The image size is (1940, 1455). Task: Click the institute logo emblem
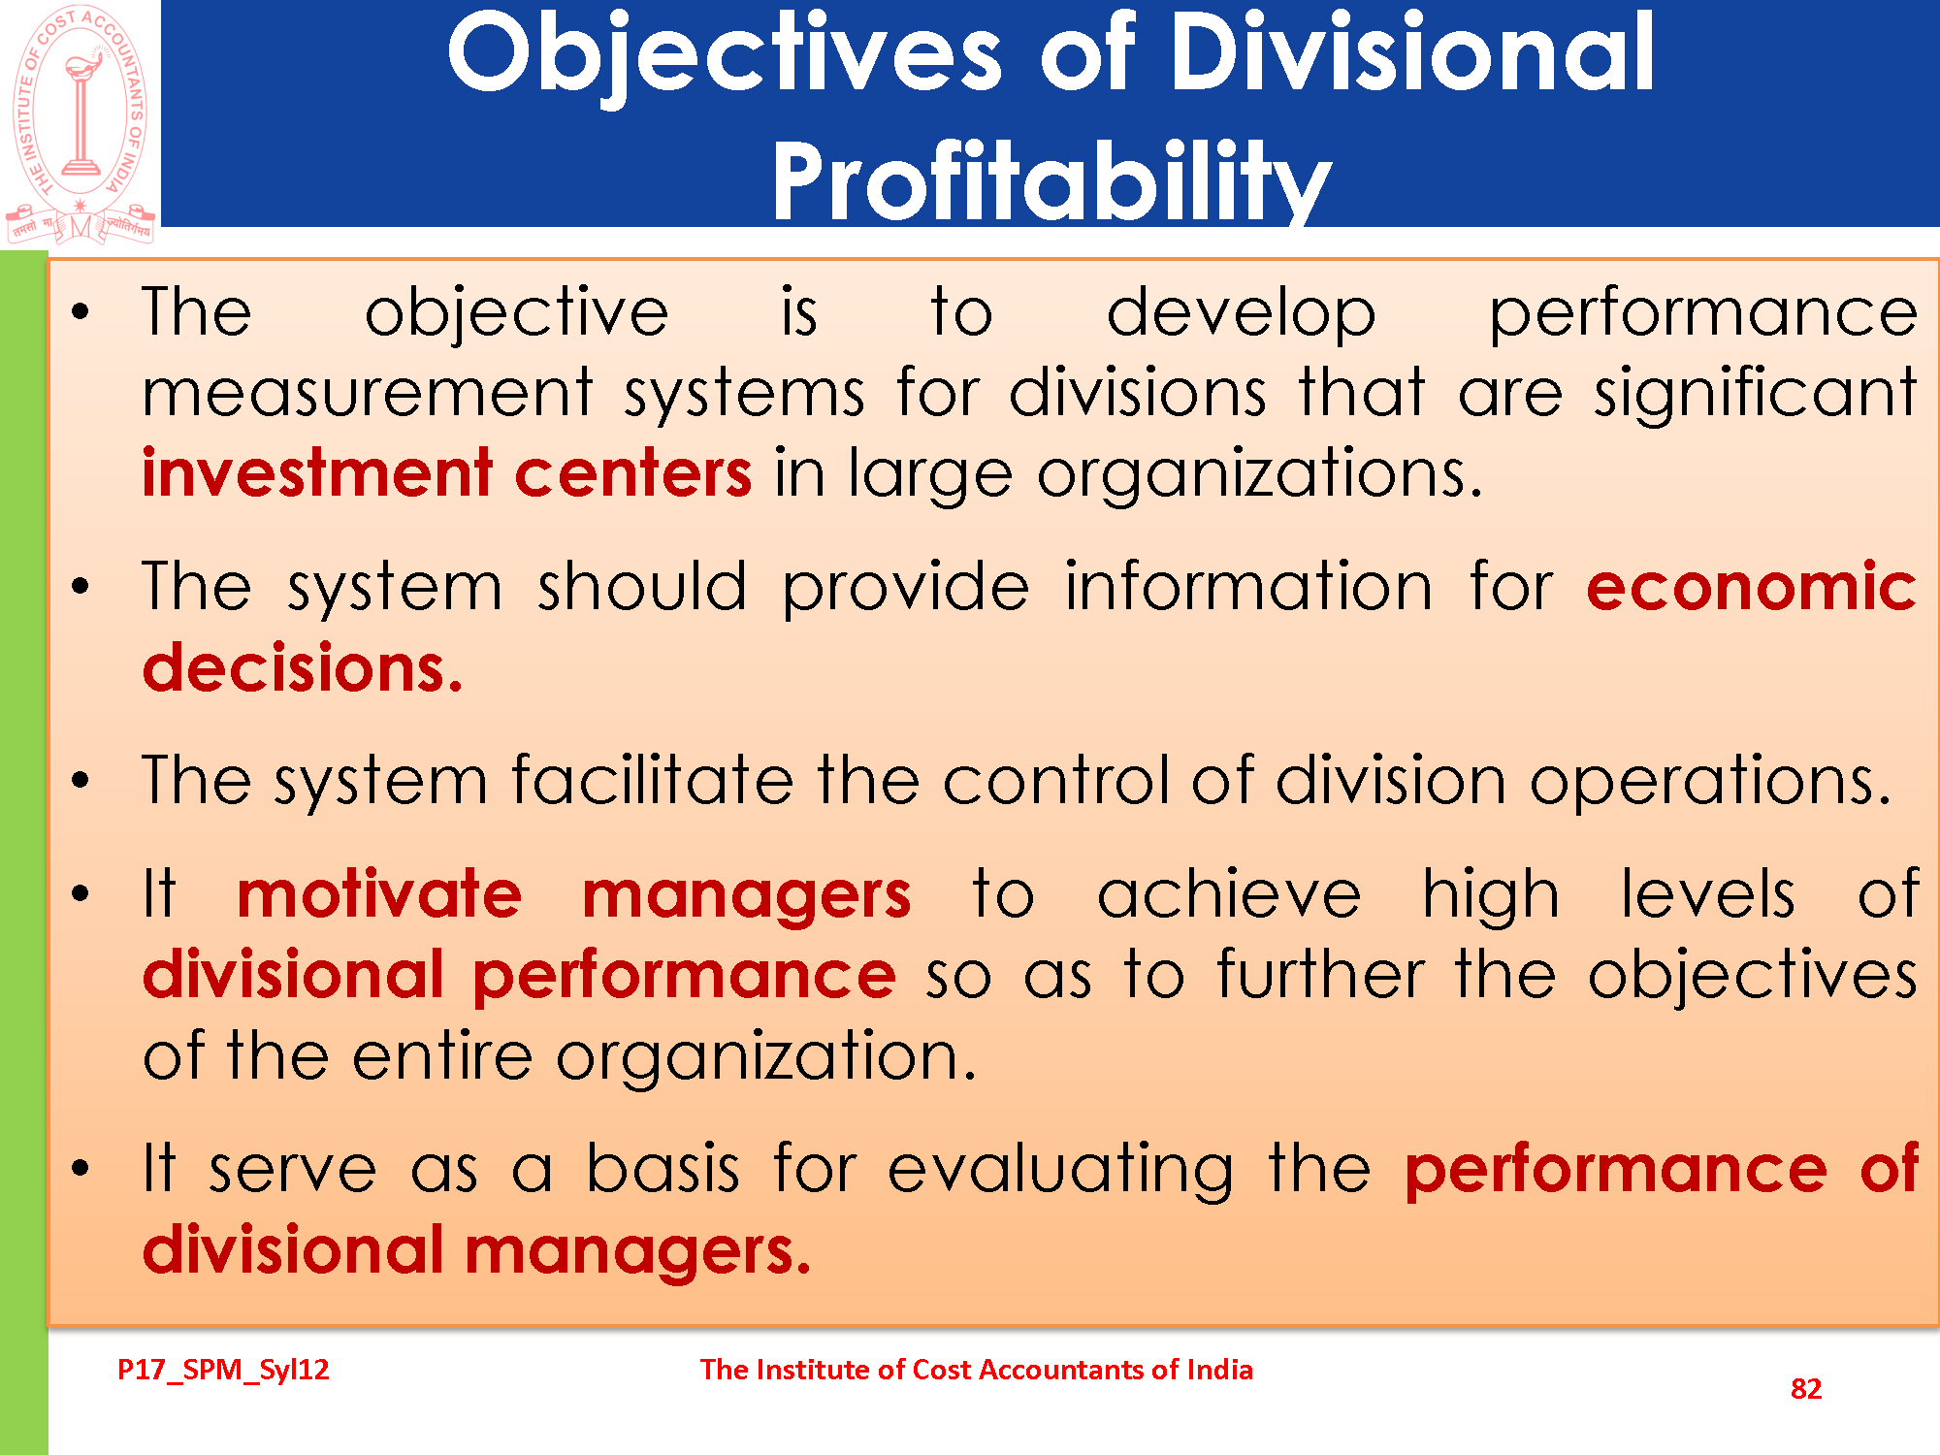(81, 123)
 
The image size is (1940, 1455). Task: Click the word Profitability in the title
(1051, 181)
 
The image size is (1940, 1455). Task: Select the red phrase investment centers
(447, 473)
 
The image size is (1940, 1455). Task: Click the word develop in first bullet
(1241, 312)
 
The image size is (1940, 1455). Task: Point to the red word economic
(1752, 587)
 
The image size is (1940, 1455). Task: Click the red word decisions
(303, 668)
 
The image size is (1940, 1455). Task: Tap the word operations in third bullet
(1710, 781)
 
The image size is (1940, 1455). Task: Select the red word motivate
(379, 893)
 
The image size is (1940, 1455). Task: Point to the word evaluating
(1060, 1168)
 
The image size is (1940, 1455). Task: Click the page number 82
(1806, 1389)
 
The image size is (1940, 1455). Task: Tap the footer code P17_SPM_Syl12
(223, 1370)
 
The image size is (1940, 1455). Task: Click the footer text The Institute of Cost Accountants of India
(977, 1370)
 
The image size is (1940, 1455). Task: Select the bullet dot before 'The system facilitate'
(81, 780)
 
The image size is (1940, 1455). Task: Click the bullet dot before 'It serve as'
(81, 1168)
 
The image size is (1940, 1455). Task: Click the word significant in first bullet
(1756, 393)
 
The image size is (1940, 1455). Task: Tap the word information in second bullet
(1248, 587)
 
